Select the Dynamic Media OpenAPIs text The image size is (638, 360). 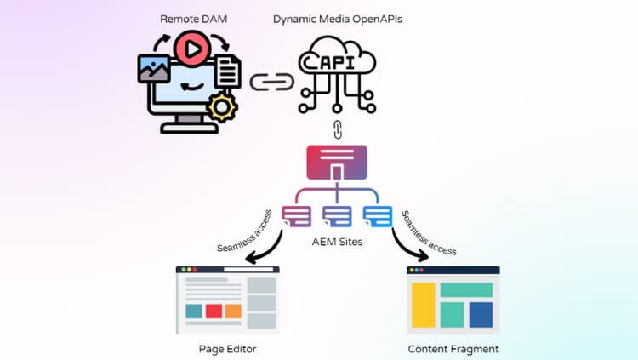point(336,19)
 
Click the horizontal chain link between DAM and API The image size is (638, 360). point(271,83)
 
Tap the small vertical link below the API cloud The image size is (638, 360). point(337,130)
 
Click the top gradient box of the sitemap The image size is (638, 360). point(337,161)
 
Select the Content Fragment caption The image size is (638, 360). point(453,349)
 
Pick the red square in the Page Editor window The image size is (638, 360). point(214,311)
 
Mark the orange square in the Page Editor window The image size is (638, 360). point(234,311)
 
